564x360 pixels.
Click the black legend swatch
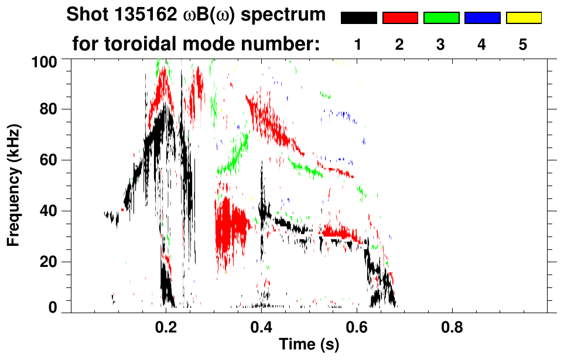359,18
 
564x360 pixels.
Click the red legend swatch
400,18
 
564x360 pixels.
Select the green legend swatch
441,18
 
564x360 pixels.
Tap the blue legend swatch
482,18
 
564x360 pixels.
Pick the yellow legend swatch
523,18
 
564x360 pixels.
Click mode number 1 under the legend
358,45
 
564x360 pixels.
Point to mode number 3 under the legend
441,45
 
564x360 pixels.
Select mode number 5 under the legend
523,45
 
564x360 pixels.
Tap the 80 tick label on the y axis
50,109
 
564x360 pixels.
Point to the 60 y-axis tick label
50,160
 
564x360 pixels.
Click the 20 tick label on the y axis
50,262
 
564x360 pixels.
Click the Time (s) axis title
309,345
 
